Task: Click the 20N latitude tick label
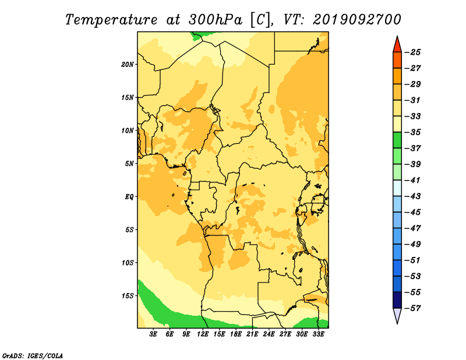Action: pos(127,65)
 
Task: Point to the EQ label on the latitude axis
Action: pos(129,197)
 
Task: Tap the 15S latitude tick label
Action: pos(127,296)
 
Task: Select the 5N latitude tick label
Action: pos(129,164)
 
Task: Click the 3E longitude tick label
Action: pos(153,334)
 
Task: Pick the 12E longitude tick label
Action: pos(202,334)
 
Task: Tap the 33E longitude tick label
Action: pos(318,334)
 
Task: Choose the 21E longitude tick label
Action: pos(252,334)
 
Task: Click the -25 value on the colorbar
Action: pos(413,52)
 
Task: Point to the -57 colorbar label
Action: pos(413,308)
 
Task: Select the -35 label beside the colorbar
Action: pos(413,132)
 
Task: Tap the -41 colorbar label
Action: pos(413,181)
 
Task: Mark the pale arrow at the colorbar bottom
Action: pos(397,315)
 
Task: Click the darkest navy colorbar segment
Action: pos(397,300)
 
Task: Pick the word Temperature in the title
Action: pos(111,20)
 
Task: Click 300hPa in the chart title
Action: pos(215,20)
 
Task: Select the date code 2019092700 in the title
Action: pos(357,20)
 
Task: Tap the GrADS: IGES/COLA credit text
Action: pos(33,356)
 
